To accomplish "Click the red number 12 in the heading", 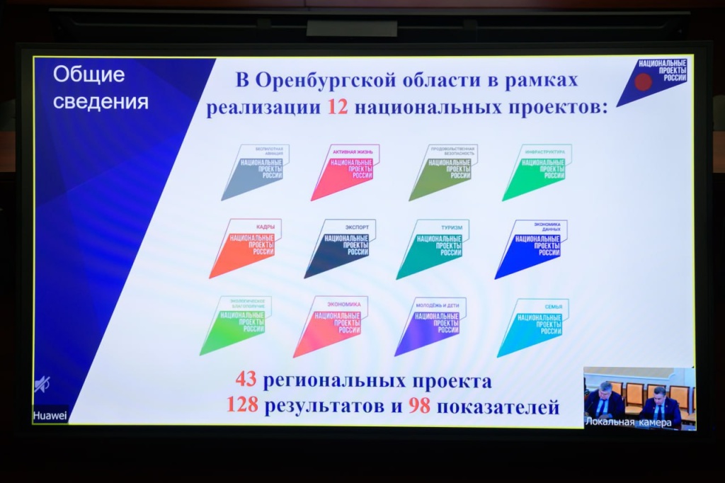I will tap(336, 108).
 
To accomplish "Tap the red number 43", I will tap(246, 381).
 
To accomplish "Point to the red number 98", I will tap(419, 406).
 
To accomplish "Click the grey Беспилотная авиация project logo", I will tap(255, 171).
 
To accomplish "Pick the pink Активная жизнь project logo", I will tap(346, 171).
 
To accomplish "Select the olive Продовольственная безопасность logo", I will tap(443, 171).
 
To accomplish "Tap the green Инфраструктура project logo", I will tap(537, 171).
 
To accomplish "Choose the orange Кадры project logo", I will tap(245, 247).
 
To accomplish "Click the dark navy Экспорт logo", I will tap(341, 247).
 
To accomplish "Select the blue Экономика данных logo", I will tap(531, 247).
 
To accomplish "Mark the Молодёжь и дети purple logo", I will tap(430, 325).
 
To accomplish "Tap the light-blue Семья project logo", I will tap(533, 326).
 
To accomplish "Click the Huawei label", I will tap(50, 416).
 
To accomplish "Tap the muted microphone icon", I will tap(42, 385).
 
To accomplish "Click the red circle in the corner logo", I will tap(643, 82).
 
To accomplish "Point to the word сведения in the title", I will tap(101, 101).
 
